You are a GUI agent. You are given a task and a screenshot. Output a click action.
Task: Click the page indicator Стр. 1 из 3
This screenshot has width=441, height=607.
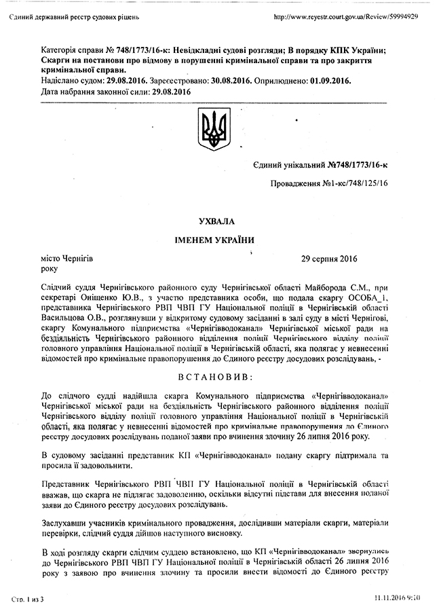pyautogui.click(x=26, y=598)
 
